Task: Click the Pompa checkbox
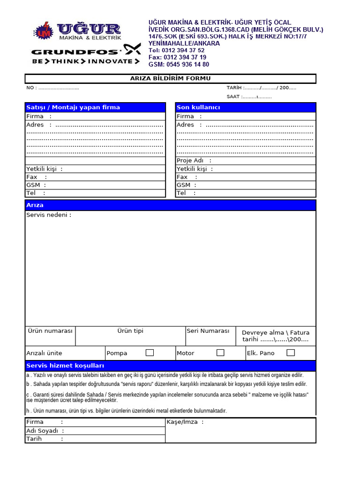click(x=150, y=352)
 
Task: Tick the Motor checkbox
click(x=220, y=352)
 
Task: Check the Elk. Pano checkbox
click(x=291, y=352)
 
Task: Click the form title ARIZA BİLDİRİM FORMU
click(x=170, y=78)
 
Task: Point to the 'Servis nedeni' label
click(x=49, y=215)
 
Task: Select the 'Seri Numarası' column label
click(x=208, y=331)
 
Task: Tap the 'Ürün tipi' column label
click(x=130, y=331)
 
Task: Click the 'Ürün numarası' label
click(x=50, y=331)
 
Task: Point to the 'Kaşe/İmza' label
click(x=185, y=422)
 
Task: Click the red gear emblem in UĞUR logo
click(x=44, y=32)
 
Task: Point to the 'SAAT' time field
click(x=249, y=97)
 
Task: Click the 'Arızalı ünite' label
click(x=44, y=353)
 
